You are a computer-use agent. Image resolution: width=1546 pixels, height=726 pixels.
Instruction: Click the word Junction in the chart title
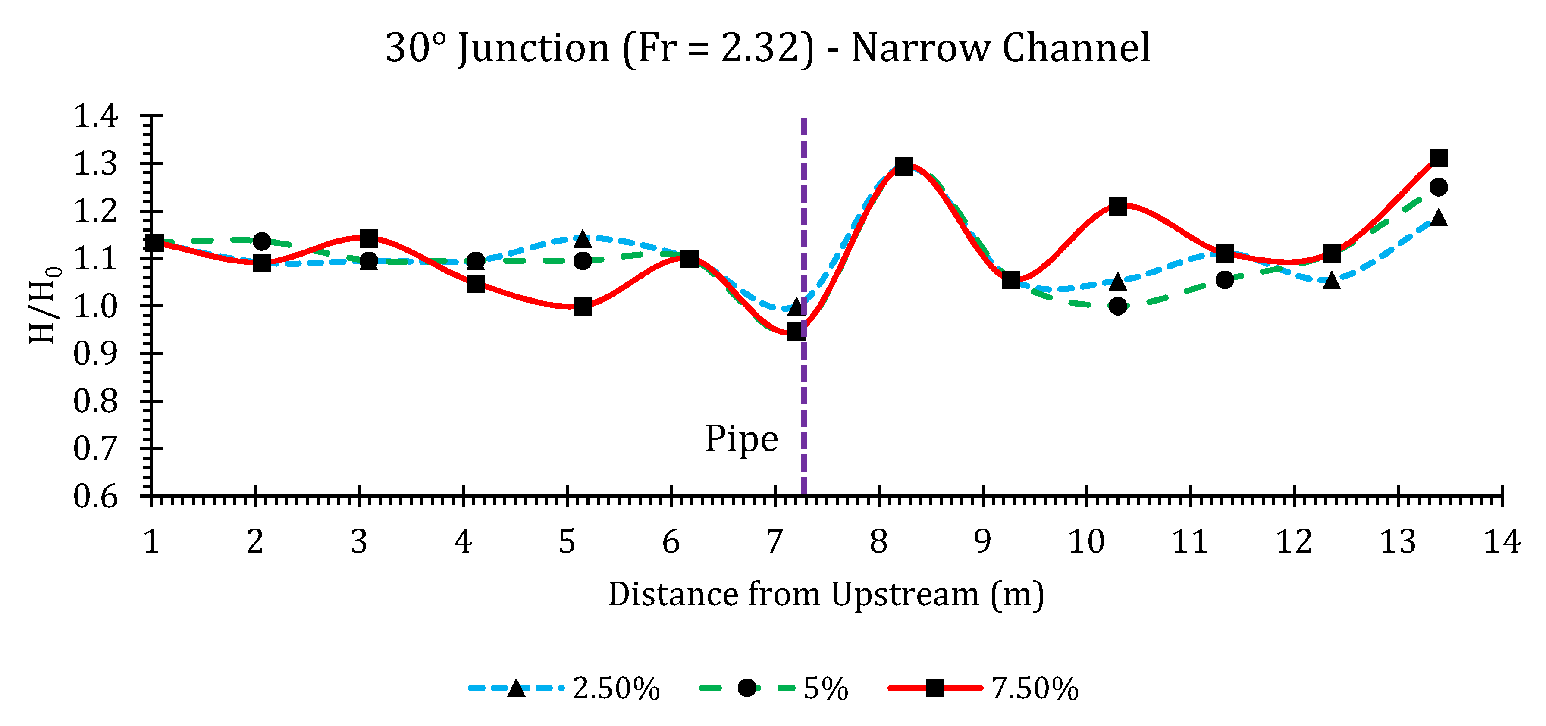tap(533, 48)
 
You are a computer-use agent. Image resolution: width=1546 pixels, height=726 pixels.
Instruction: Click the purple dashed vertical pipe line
tap(803, 390)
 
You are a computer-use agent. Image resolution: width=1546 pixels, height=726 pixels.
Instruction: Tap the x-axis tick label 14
tap(1502, 542)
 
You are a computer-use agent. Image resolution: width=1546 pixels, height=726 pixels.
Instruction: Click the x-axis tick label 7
tap(775, 542)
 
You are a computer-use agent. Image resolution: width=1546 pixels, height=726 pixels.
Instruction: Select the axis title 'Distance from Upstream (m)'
tap(826, 595)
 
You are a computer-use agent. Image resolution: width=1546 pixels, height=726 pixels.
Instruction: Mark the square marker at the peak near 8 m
tap(904, 167)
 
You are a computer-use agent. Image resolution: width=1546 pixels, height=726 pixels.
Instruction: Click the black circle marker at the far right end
tap(1439, 187)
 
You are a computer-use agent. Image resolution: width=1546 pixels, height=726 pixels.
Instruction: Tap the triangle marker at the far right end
tap(1439, 217)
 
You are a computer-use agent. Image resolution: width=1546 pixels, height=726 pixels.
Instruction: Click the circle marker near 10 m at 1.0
tap(1117, 306)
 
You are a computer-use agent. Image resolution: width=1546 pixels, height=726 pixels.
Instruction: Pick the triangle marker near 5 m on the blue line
tap(582, 239)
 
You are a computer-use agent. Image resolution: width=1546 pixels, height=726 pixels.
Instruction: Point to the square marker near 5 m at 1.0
tap(582, 307)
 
